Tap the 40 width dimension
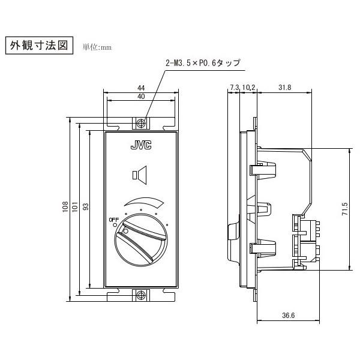point(142,97)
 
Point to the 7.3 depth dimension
point(234,88)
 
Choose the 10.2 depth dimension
point(250,88)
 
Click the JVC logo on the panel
point(141,145)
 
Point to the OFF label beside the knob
point(113,220)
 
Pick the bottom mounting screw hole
point(141,295)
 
